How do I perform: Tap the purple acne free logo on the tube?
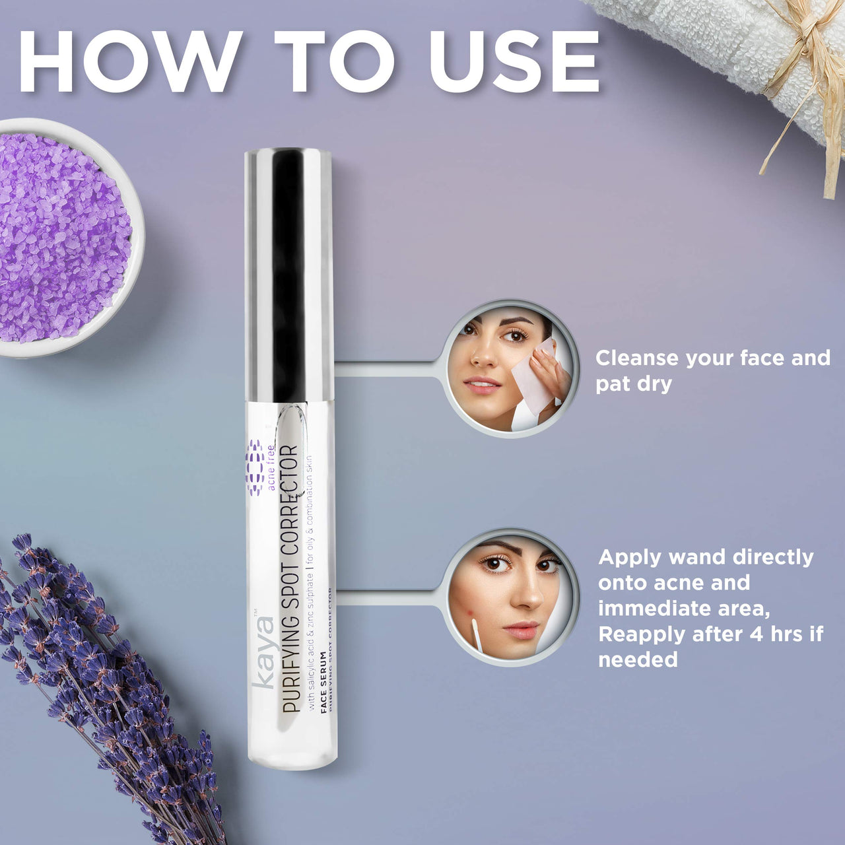(255, 467)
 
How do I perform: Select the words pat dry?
(634, 384)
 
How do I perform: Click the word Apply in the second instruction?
(630, 558)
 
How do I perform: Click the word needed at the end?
(638, 659)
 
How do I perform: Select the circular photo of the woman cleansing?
(509, 368)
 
